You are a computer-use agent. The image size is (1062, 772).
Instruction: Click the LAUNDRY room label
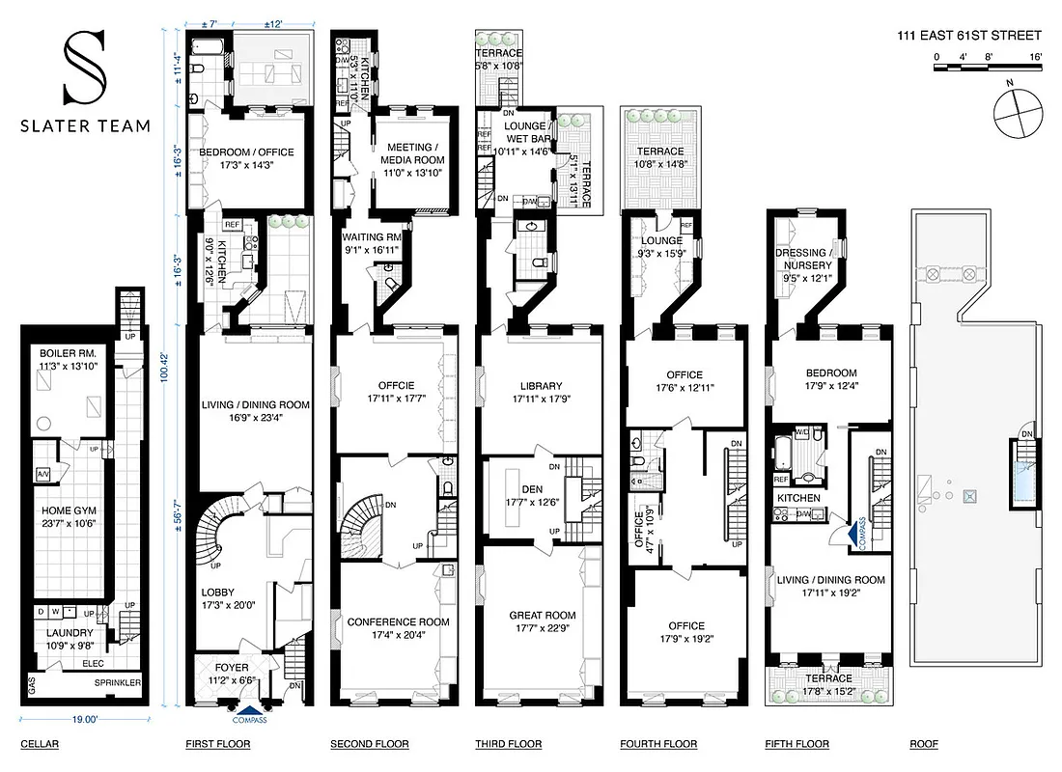point(61,633)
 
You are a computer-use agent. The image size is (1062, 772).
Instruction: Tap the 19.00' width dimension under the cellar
point(85,719)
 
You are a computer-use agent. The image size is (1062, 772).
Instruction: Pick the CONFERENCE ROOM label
point(398,622)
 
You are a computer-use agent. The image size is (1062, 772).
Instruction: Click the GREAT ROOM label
point(542,616)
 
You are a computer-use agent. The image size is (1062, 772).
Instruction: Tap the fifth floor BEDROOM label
point(830,373)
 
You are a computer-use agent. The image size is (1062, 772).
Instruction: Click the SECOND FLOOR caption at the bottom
point(369,744)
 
